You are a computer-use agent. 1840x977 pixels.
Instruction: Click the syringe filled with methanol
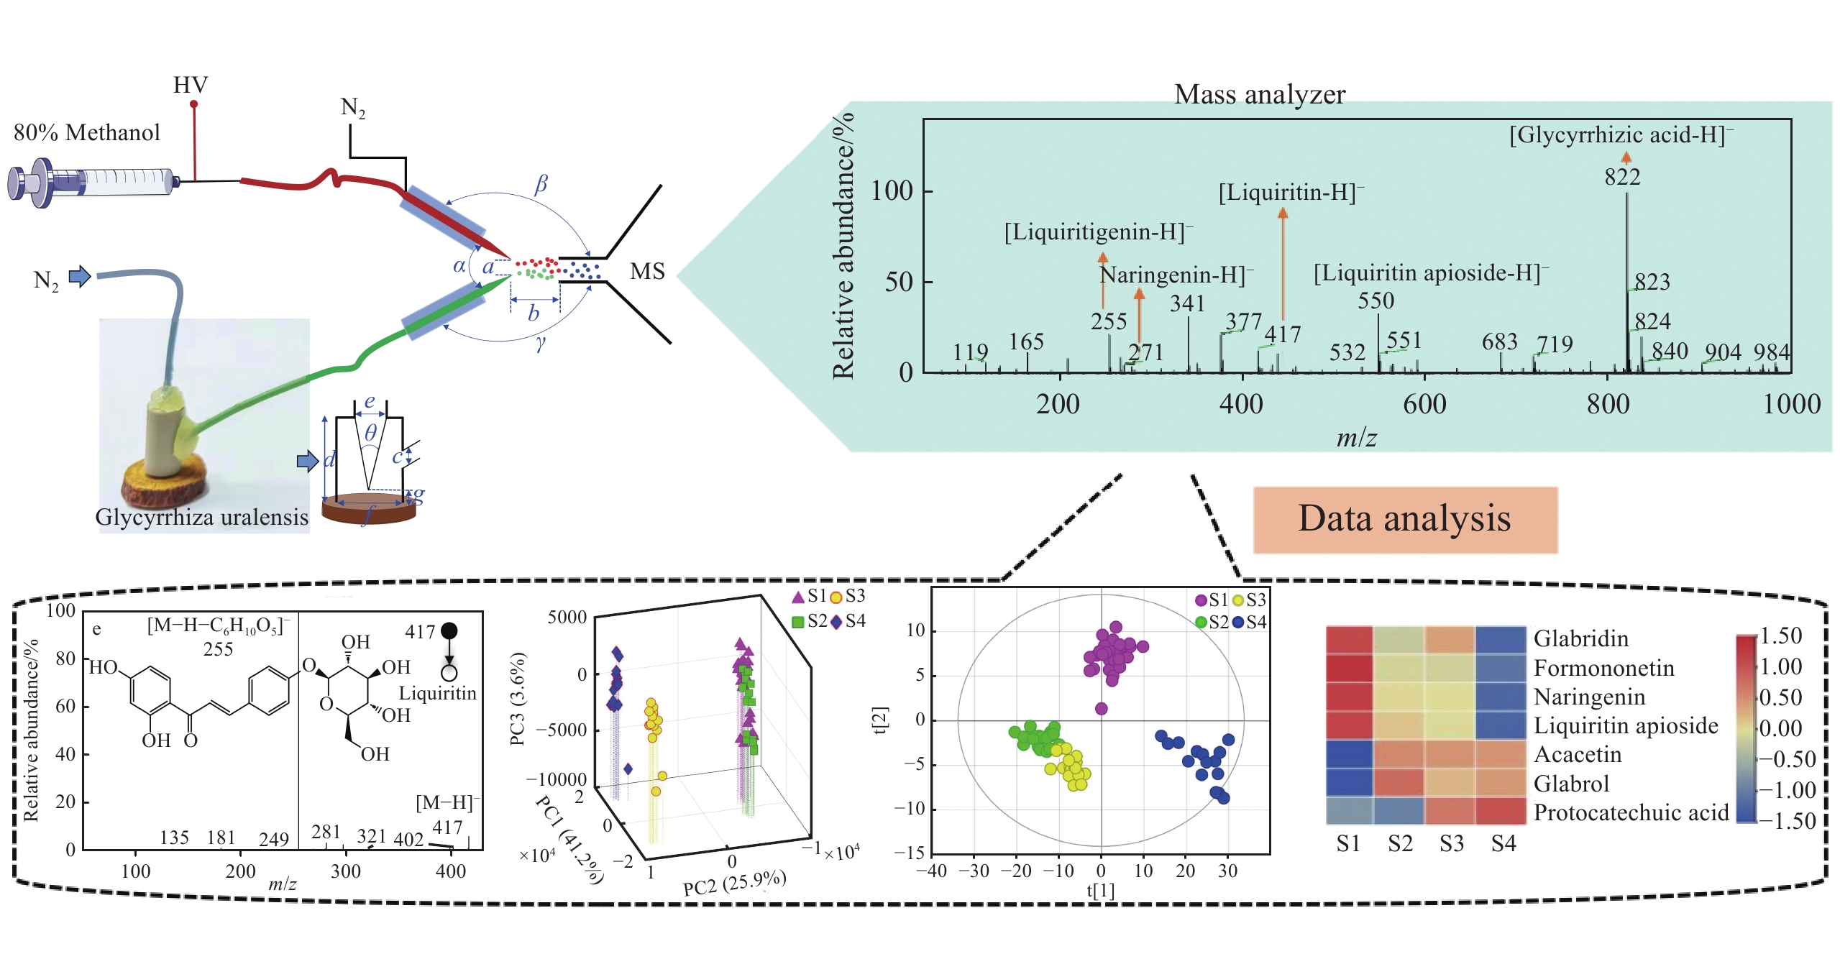(93, 182)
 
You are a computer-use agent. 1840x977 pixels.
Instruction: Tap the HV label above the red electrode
(191, 86)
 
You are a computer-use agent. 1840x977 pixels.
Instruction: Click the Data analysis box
(1404, 519)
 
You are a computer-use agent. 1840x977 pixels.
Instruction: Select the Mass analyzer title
(1259, 95)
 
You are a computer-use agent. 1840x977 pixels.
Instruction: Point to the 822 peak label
(1622, 177)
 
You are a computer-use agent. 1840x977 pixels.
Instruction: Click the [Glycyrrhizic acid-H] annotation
(1621, 135)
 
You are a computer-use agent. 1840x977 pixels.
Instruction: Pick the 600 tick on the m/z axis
(1424, 404)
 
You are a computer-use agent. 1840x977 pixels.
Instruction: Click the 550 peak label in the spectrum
(1376, 301)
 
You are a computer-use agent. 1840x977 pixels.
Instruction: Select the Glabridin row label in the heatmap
(1580, 638)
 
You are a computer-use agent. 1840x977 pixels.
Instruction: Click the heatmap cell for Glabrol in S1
(1350, 782)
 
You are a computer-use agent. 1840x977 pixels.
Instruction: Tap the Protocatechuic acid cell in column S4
(1501, 811)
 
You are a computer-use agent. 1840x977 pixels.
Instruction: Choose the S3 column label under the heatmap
(1451, 843)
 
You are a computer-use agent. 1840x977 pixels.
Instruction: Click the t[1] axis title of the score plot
(1100, 891)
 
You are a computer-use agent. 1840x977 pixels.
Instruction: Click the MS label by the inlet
(647, 272)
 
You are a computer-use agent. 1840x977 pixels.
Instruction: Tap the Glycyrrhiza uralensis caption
(202, 518)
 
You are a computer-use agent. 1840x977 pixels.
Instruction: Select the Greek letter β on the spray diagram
(541, 184)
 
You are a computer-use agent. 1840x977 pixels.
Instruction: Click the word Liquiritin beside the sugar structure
(437, 694)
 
